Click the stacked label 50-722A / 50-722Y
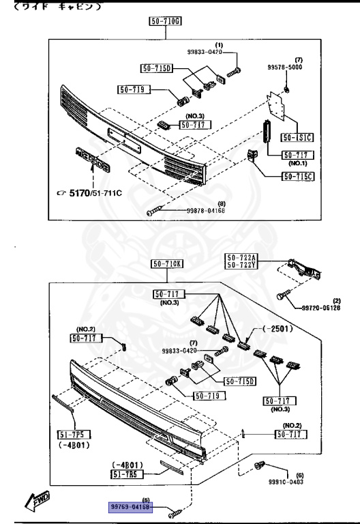pos(241,261)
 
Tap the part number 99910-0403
pos(286,481)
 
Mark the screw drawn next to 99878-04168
pos(153,213)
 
